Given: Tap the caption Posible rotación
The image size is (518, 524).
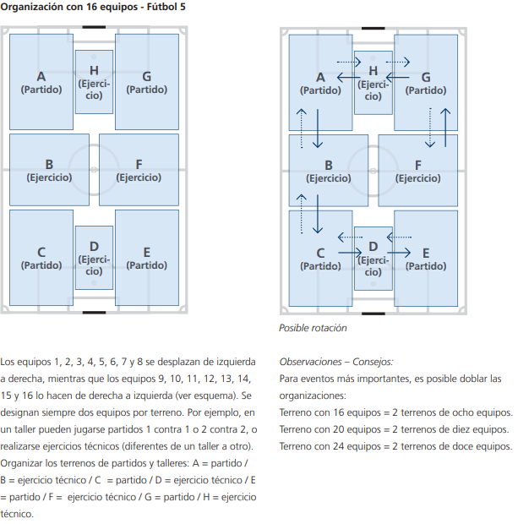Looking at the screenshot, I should point(313,328).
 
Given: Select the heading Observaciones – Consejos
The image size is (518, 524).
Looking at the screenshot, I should point(335,361).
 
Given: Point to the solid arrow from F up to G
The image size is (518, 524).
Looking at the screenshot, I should point(446,127).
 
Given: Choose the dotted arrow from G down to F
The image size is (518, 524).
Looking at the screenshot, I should point(429,127).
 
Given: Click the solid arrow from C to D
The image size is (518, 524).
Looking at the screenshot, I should point(350,252).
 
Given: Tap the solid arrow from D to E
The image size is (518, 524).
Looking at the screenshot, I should point(399,252).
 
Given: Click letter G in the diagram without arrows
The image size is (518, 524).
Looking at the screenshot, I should point(147,76).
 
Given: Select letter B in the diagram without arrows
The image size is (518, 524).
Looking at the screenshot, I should point(49,164).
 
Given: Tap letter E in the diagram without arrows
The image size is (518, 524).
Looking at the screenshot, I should point(147,252).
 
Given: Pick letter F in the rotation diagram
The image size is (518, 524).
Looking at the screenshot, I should point(417,164).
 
